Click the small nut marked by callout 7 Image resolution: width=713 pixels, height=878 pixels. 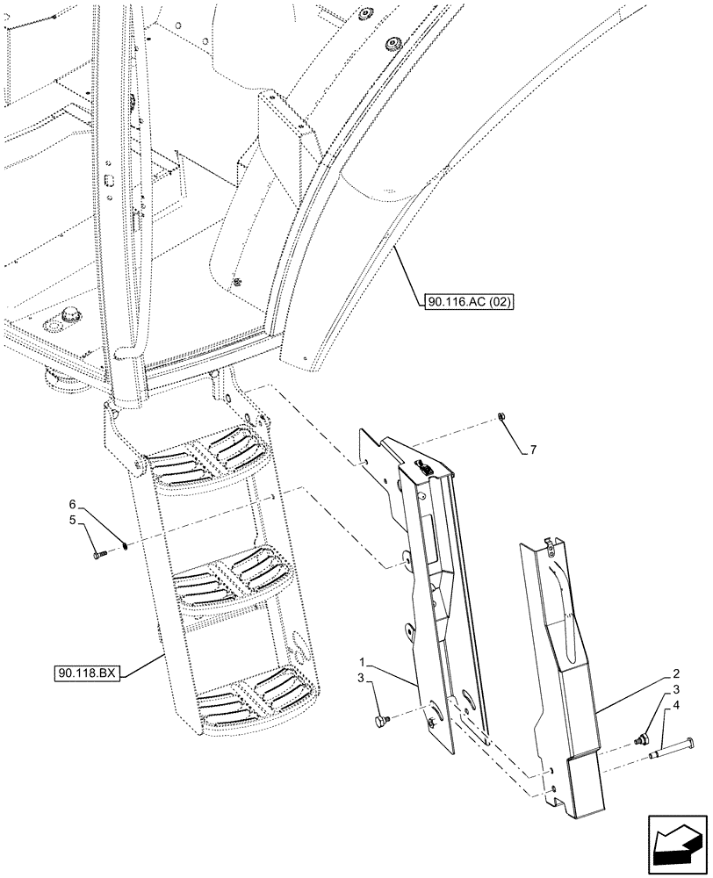pyautogui.click(x=499, y=417)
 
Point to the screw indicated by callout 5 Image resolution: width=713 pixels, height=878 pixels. pyautogui.click(x=97, y=553)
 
